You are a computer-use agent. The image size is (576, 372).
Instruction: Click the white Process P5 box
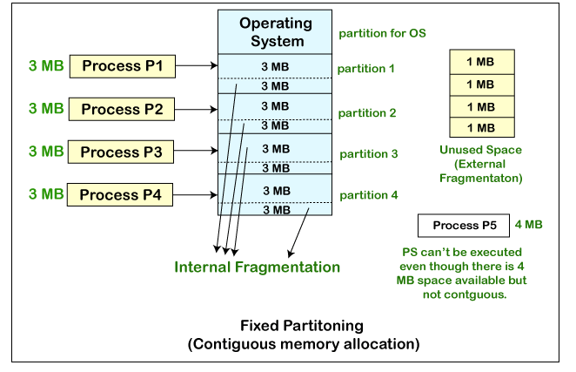point(464,226)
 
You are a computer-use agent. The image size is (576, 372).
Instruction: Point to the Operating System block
point(275,30)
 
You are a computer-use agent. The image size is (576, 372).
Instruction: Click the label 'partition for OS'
point(382,34)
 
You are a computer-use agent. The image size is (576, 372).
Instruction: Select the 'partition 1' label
point(368,68)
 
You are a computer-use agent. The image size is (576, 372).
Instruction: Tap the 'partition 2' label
point(368,112)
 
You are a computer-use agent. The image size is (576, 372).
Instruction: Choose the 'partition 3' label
point(368,153)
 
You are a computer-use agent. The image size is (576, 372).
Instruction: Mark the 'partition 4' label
point(368,195)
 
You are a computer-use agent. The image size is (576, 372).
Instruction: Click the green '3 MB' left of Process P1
point(46,65)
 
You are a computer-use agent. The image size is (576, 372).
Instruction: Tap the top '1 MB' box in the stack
point(480,62)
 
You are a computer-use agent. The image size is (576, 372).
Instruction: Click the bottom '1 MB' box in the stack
point(480,127)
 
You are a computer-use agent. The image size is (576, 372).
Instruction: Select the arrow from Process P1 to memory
point(197,65)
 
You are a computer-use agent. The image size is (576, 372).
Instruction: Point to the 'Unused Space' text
point(480,150)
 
